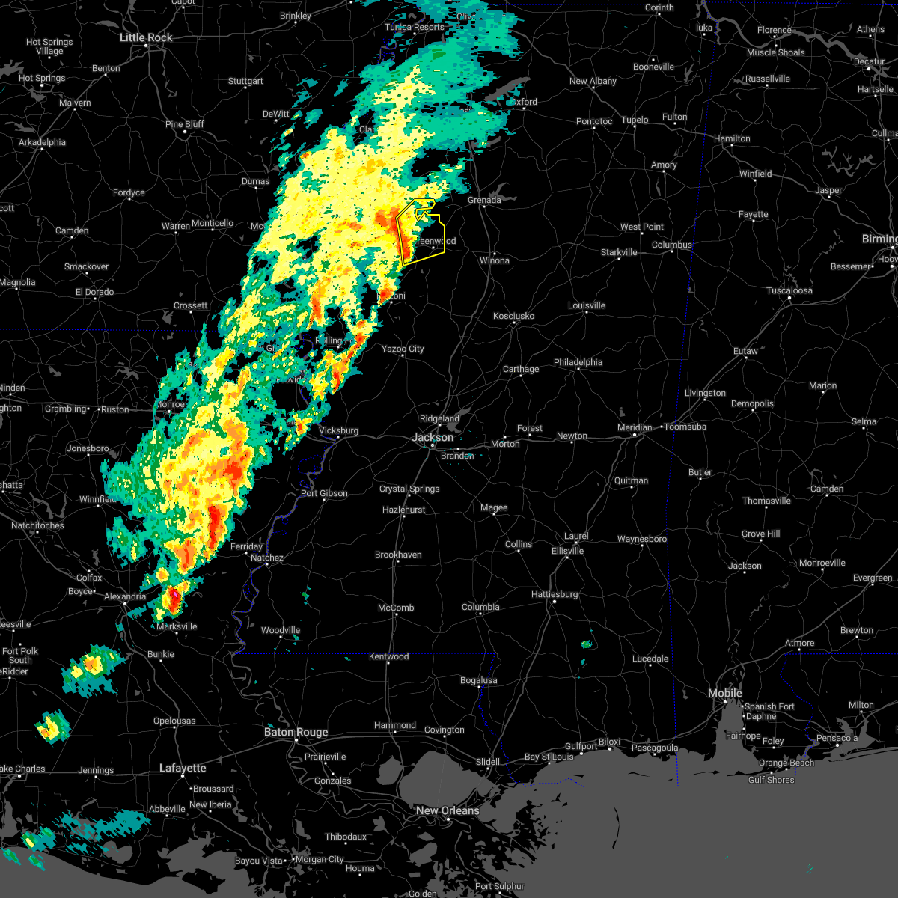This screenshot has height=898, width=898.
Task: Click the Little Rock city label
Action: [x=146, y=37]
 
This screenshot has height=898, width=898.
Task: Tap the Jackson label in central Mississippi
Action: [x=433, y=437]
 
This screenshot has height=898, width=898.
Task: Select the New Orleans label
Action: [x=448, y=810]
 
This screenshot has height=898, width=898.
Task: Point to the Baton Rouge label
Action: [x=296, y=732]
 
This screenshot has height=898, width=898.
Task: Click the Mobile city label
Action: [x=725, y=693]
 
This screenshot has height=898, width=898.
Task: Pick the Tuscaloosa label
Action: [x=789, y=290]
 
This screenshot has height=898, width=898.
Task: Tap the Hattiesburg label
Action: [x=555, y=594]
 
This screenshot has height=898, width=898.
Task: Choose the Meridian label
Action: [x=635, y=427]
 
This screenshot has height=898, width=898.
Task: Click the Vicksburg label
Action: [x=338, y=430]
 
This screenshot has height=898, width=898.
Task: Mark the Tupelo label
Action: [x=635, y=120]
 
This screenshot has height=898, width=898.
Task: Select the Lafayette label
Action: [x=183, y=768]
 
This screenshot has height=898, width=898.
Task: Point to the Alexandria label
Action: [x=125, y=596]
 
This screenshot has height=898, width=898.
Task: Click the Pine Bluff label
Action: [x=185, y=124]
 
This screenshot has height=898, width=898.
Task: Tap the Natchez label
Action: [x=267, y=558]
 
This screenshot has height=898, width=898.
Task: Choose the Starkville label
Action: [x=619, y=252]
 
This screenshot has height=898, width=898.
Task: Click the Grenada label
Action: [x=484, y=200]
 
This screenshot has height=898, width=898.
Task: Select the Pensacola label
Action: [x=837, y=738]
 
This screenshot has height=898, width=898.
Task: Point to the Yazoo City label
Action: [x=403, y=349]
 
